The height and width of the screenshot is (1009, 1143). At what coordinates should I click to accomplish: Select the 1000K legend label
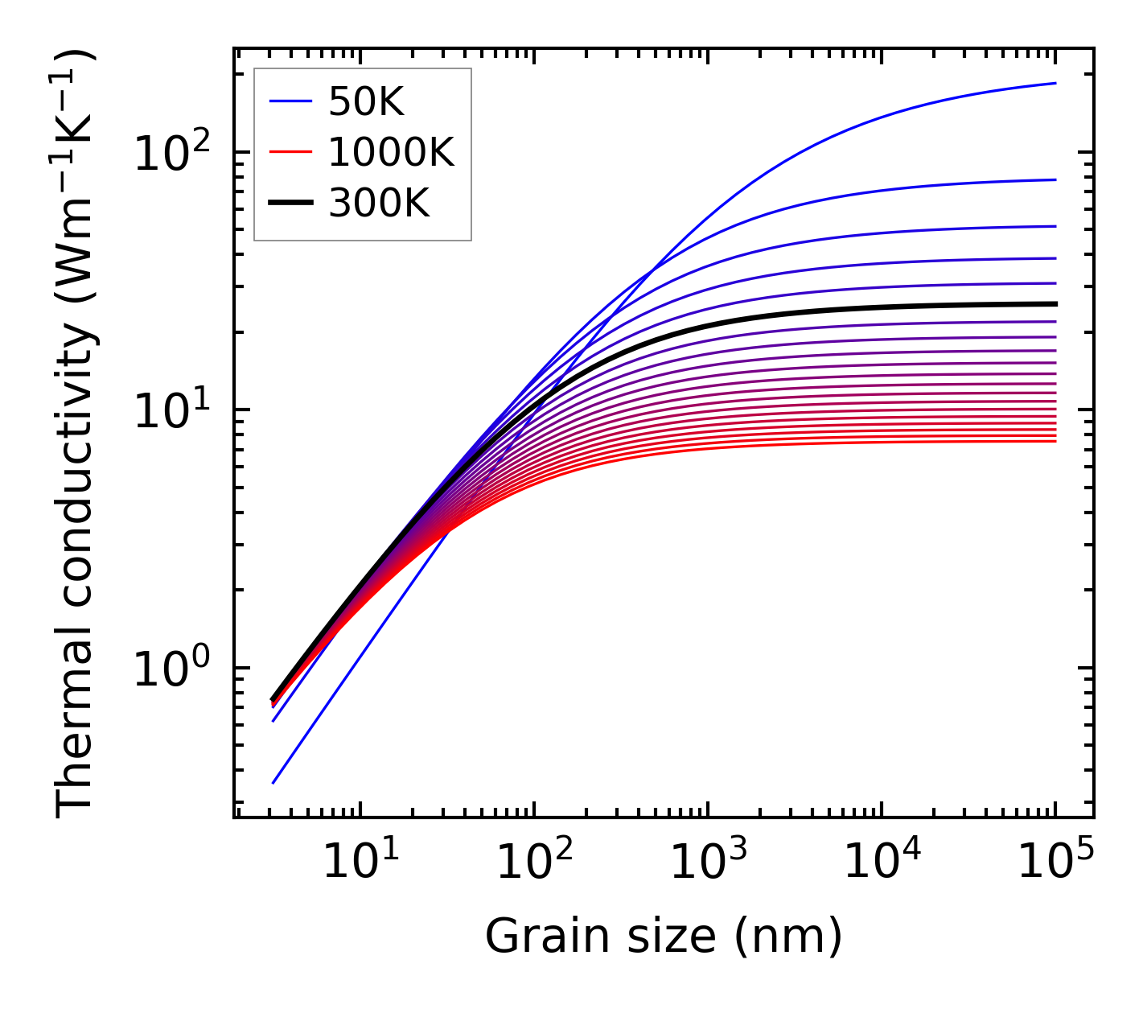391,152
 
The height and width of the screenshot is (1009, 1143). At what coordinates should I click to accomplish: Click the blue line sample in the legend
290,101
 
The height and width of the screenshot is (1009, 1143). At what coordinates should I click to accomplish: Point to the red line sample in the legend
290,152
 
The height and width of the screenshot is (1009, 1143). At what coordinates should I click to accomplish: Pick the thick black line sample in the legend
290,204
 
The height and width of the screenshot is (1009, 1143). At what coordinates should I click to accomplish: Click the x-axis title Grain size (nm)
664,936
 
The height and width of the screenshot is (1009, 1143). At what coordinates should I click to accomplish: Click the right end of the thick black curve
1055,303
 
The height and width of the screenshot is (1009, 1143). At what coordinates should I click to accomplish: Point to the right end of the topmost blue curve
1055,83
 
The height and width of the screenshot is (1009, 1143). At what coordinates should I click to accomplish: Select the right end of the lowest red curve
1055,441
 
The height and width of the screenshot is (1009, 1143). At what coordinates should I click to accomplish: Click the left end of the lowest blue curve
273,783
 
